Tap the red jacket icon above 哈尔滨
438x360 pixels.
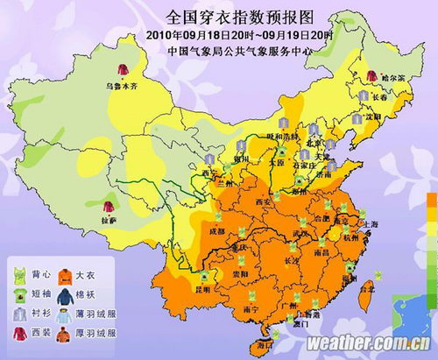(x=371, y=76)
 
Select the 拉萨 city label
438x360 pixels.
(x=108, y=222)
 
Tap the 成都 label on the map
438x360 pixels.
(x=216, y=231)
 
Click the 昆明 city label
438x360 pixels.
(x=201, y=288)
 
